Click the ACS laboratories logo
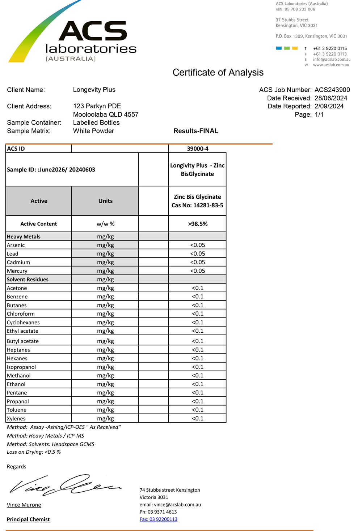point(72,36)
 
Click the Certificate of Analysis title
point(218,72)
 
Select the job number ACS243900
point(332,90)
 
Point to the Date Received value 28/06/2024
point(331,98)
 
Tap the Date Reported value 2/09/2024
point(329,106)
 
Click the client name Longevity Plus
point(94,90)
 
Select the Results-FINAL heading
point(196,131)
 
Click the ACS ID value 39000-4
point(198,148)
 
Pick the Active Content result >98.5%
point(198,224)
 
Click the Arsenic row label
point(16,245)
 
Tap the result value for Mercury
point(198,271)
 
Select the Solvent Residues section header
point(28,280)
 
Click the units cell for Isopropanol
point(105,367)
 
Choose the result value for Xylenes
point(198,418)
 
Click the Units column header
point(105,201)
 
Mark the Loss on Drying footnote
point(34,452)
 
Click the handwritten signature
point(65,485)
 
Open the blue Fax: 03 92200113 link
point(159,519)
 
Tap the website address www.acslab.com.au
point(331,65)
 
